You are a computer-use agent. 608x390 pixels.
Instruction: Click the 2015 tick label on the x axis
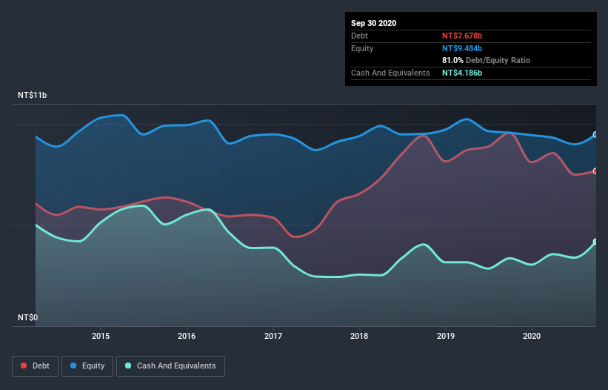(x=101, y=336)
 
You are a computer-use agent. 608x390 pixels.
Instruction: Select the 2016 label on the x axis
(x=187, y=336)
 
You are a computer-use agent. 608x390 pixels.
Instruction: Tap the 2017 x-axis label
(x=274, y=336)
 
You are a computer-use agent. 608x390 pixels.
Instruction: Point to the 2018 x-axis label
(x=359, y=336)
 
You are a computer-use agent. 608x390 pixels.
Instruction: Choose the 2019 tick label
(x=446, y=336)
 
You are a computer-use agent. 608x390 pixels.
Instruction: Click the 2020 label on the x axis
(x=532, y=336)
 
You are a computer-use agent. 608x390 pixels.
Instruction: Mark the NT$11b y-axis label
(x=33, y=96)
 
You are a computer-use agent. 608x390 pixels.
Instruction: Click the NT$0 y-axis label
(x=27, y=318)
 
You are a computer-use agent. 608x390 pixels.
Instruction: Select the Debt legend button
(x=35, y=366)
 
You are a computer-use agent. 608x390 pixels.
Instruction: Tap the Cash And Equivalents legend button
(x=170, y=366)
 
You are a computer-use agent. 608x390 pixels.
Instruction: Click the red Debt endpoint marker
(x=595, y=171)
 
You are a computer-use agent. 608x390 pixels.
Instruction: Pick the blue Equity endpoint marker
(x=595, y=135)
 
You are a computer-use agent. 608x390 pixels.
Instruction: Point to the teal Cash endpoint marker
(x=595, y=242)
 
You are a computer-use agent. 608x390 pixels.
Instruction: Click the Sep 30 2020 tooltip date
(x=374, y=23)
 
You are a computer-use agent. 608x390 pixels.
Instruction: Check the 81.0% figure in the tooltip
(x=452, y=60)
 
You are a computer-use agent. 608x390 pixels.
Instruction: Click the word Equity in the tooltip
(x=363, y=48)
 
